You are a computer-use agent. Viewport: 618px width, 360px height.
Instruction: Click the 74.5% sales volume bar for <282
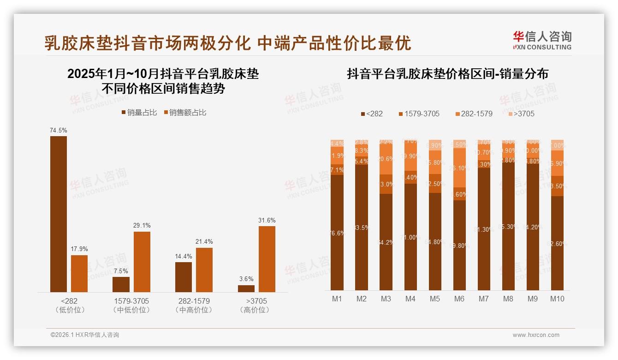pyautogui.click(x=59, y=214)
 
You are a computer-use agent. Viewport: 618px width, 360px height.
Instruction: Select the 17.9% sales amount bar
pyautogui.click(x=79, y=273)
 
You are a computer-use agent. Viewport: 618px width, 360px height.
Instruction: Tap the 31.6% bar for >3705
pyautogui.click(x=267, y=259)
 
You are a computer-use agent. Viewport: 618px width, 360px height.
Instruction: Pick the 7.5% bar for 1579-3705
pyautogui.click(x=121, y=284)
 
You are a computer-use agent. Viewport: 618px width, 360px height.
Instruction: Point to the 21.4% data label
pyautogui.click(x=204, y=242)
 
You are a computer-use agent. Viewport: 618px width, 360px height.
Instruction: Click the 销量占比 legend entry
pyautogui.click(x=139, y=113)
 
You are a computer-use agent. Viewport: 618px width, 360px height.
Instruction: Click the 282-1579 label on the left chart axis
pyautogui.click(x=194, y=301)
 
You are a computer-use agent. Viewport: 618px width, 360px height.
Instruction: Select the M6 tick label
pyautogui.click(x=459, y=299)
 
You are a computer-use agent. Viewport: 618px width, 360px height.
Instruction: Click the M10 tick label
pyautogui.click(x=557, y=299)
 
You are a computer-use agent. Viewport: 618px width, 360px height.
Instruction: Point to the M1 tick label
pyautogui.click(x=337, y=299)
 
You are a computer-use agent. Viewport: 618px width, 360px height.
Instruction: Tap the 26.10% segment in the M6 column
pyautogui.click(x=459, y=169)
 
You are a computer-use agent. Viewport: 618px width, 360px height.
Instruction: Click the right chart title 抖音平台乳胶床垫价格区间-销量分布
pyautogui.click(x=447, y=74)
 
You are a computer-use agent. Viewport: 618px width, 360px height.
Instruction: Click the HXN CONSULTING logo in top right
pyautogui.click(x=542, y=41)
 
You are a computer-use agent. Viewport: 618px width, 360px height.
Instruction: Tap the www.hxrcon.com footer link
pyautogui.click(x=536, y=335)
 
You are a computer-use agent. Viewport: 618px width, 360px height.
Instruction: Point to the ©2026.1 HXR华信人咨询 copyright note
pyautogui.click(x=85, y=335)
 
